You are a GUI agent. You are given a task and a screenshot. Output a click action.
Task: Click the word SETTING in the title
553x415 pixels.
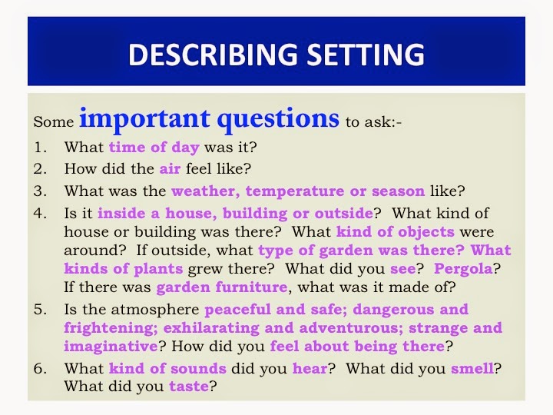[x=363, y=54]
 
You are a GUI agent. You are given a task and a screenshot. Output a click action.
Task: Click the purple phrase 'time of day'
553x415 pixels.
[x=154, y=148]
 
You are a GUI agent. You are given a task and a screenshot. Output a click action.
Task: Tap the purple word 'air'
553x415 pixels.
[x=170, y=169]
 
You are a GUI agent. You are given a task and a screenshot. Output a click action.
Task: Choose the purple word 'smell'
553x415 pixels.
[x=471, y=369]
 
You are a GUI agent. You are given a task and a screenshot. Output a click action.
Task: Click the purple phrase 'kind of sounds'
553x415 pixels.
[x=167, y=369]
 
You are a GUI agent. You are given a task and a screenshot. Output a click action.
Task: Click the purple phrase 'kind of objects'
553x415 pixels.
[x=396, y=232]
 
